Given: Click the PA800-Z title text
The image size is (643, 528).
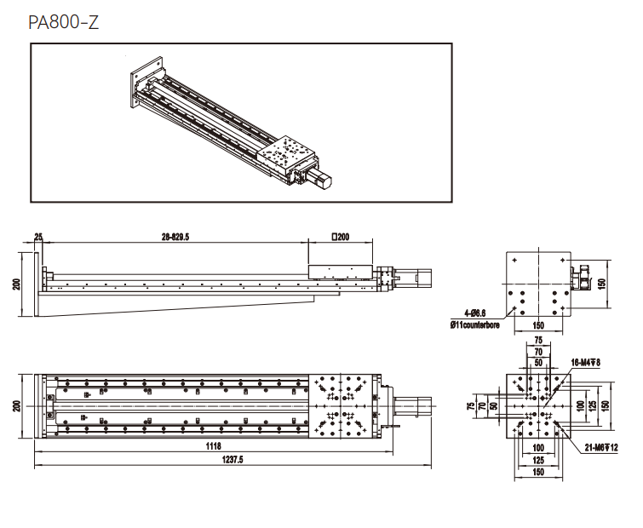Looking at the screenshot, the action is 64,22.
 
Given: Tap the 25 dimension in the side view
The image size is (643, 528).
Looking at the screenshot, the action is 38,237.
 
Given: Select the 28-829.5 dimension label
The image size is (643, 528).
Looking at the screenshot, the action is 175,237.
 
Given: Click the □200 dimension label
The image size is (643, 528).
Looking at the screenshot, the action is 341,237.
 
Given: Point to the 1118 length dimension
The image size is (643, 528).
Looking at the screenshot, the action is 213,446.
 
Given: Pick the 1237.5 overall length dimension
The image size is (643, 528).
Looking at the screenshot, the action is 233,460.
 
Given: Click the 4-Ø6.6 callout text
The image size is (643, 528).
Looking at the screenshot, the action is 475,313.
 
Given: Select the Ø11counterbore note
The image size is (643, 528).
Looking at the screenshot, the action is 475,325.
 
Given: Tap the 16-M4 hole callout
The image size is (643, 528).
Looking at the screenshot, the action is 586,363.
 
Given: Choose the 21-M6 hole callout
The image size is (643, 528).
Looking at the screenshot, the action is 601,448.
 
